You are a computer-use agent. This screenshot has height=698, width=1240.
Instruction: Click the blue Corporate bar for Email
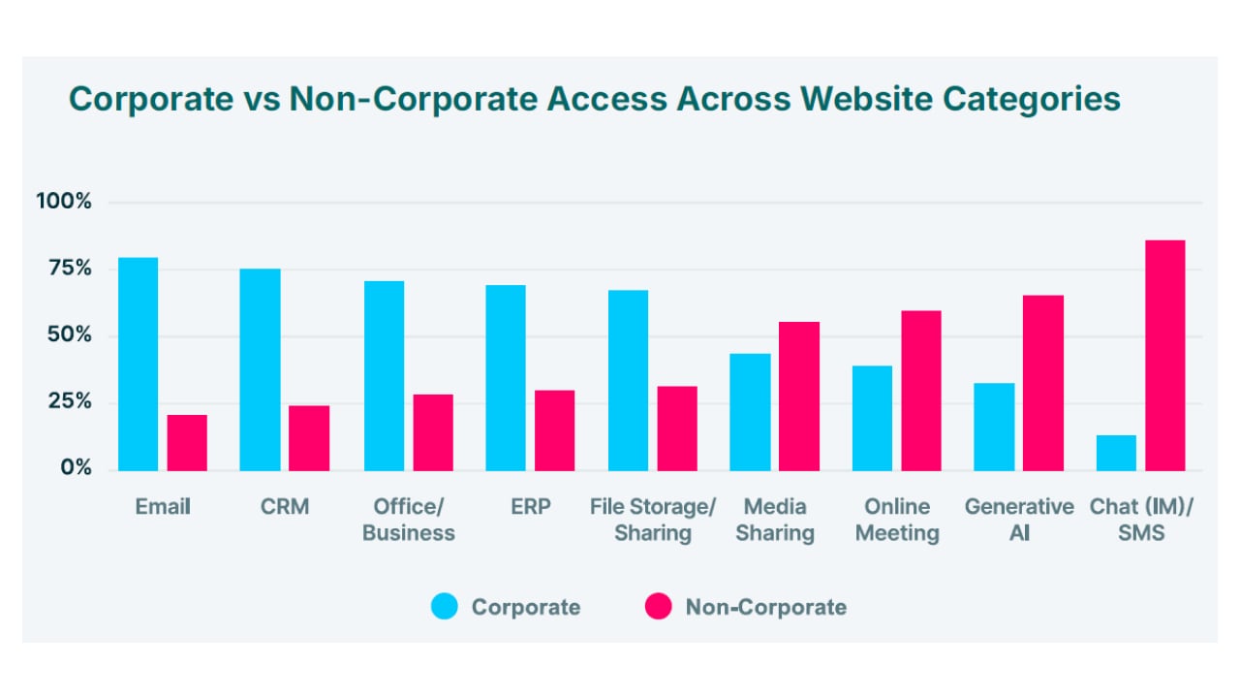tap(138, 364)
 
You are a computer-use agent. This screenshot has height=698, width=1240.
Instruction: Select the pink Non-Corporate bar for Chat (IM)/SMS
tap(1165, 356)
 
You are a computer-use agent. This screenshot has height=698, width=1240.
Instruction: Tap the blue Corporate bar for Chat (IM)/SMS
tap(1116, 453)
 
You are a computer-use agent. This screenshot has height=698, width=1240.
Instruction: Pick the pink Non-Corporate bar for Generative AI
tap(1043, 383)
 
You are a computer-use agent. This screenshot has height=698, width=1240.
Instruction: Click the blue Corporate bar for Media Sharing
tap(750, 412)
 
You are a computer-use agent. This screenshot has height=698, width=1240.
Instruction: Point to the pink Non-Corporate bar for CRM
tap(309, 438)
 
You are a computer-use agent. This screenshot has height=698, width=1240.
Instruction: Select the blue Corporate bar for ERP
tap(506, 378)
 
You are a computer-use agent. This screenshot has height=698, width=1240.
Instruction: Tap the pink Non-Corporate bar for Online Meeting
tap(921, 391)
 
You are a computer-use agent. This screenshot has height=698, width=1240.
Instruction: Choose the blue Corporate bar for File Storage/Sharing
tap(629, 381)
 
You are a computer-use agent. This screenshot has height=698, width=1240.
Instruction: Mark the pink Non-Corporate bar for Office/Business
tap(433, 432)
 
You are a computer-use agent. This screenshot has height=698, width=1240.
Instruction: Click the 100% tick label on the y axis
tap(64, 201)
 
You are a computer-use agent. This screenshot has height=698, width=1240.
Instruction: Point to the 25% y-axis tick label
tap(70, 401)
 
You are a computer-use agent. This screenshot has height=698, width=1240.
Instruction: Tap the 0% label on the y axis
tap(77, 467)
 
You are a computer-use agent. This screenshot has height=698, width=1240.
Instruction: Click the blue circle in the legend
tap(445, 606)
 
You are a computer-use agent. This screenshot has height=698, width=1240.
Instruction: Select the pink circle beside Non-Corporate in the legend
tap(659, 606)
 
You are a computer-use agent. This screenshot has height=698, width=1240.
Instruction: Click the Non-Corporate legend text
tap(766, 607)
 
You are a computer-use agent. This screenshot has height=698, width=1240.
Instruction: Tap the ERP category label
tap(530, 506)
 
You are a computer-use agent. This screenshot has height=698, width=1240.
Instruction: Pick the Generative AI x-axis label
tap(1019, 520)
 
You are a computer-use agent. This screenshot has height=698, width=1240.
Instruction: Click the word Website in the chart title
tap(866, 99)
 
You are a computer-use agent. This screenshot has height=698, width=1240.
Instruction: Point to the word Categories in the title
tap(1032, 100)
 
